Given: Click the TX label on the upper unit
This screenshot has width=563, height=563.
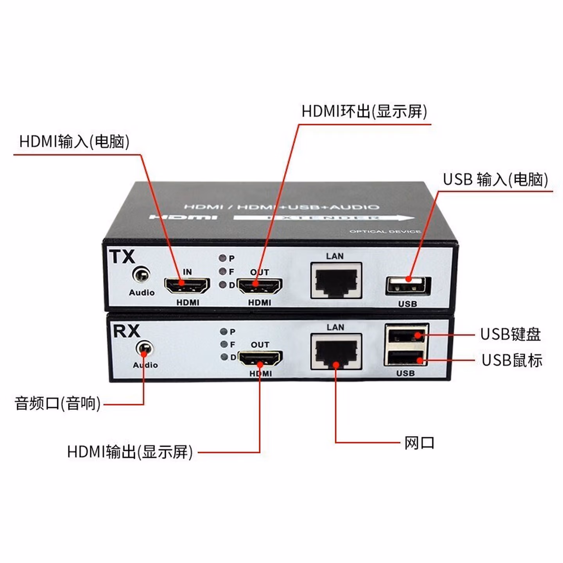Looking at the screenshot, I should point(122,257).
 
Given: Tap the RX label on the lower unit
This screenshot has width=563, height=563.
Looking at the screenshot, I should point(126,331).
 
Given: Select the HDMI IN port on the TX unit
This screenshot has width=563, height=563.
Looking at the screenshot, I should point(187,286).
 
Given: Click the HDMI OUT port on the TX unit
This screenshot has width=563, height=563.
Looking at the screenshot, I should point(260,286).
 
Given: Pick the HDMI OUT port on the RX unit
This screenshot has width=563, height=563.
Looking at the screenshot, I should point(260,358).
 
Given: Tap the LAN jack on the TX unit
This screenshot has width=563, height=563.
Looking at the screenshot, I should point(336,281).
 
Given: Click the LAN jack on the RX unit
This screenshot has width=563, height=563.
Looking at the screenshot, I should point(336,351).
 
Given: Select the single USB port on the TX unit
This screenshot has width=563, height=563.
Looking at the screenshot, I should point(408,286).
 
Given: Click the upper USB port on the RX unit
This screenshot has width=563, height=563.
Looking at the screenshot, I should point(406,336).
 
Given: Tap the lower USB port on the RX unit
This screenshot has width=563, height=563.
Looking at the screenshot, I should point(406,358).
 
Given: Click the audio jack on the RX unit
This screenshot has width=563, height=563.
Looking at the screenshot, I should point(144,348).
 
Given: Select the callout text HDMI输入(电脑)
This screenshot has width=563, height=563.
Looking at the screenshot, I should point(74,142).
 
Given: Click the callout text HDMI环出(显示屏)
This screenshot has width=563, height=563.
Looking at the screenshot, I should point(364,111).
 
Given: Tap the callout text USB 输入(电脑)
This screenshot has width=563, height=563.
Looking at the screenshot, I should point(495,179).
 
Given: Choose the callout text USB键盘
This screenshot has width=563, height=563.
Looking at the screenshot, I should point(510,334).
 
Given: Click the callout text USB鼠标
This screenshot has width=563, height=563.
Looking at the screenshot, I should point(512,360).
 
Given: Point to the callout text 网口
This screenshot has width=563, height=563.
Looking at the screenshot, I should point(419,443).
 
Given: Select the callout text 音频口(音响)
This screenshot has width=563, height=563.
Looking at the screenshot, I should point(57,403).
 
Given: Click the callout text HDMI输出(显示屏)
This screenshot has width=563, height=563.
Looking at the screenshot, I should point(130,452).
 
